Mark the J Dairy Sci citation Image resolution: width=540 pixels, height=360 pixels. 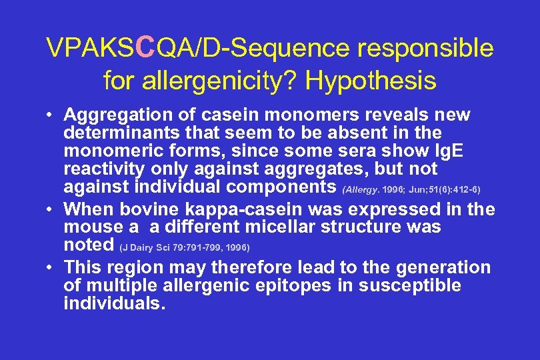tap(185, 247)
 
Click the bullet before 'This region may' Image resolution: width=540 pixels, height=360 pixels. tap(51, 268)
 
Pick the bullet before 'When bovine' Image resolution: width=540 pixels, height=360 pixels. tap(51, 209)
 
